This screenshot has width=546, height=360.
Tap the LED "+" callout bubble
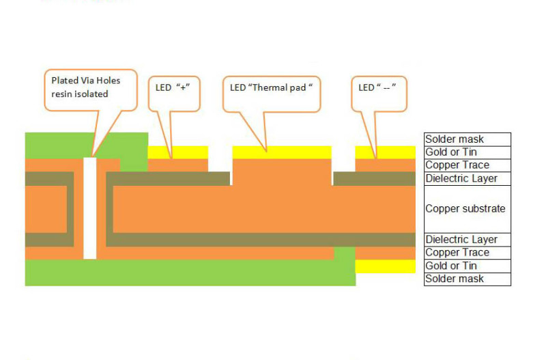pos(174,92)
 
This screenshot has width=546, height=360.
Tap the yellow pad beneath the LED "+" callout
pos(177,152)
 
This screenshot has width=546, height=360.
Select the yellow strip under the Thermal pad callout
pos(282,152)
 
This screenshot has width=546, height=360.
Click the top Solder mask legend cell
pos(467,139)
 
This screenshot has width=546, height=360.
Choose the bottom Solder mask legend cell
pos(467,279)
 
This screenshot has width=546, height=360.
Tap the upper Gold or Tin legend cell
pos(467,152)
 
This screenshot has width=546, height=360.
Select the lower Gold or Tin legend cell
pos(467,266)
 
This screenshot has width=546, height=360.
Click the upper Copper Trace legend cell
pos(467,165)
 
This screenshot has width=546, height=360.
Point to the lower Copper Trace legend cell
pos(467,253)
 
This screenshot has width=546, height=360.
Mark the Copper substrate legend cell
pos(467,208)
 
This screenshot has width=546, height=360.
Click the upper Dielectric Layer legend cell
pos(467,179)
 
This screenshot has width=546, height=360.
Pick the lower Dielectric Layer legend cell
pos(467,240)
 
